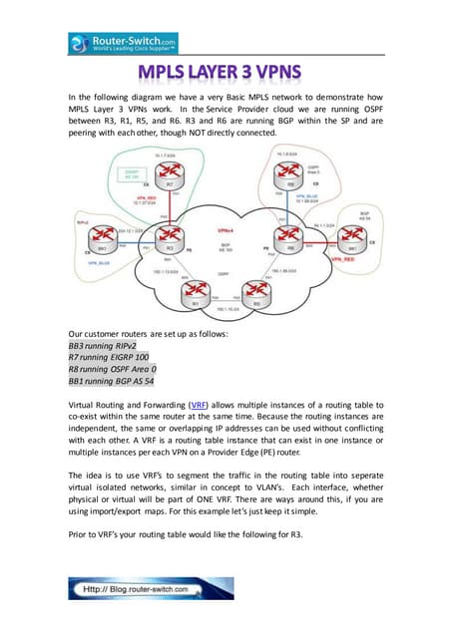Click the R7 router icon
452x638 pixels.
(x=171, y=183)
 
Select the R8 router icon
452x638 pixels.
(x=290, y=183)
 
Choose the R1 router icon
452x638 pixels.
(x=199, y=296)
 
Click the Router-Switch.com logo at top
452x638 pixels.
(x=123, y=43)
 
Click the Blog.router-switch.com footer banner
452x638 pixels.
(x=150, y=588)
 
